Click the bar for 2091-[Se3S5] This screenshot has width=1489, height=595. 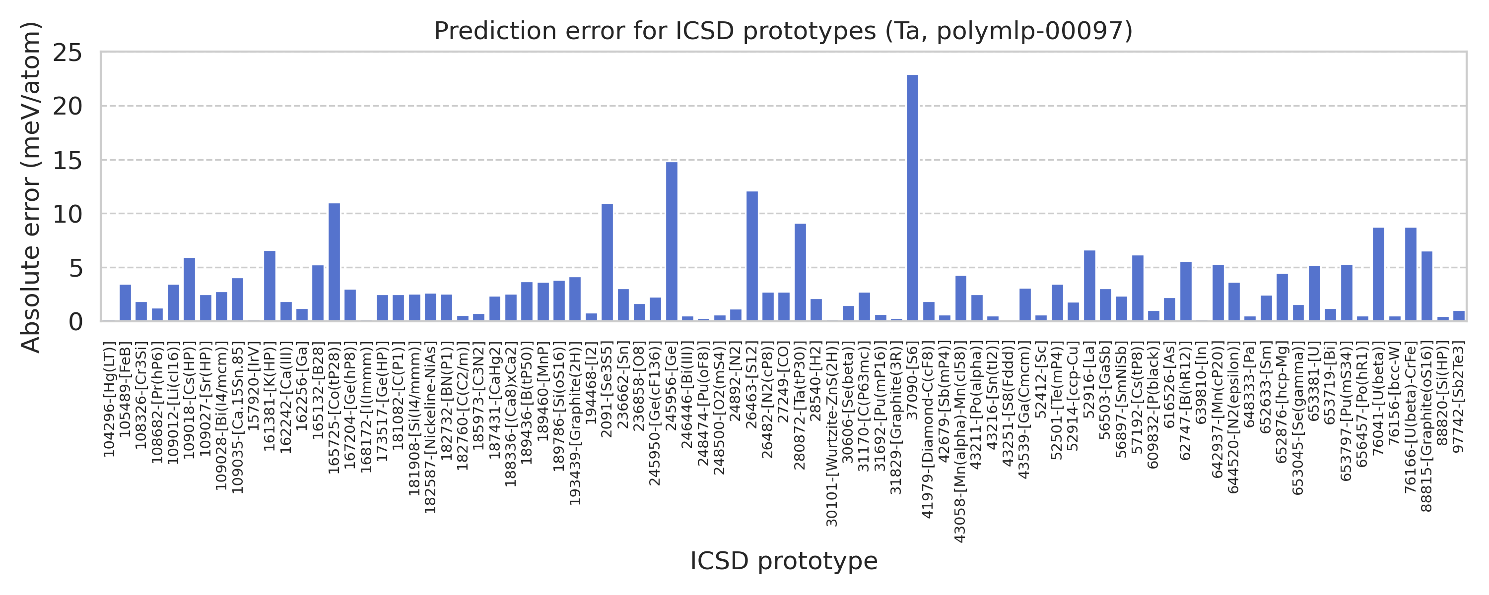pyautogui.click(x=607, y=262)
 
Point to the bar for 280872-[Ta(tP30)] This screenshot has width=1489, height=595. pyautogui.click(x=800, y=272)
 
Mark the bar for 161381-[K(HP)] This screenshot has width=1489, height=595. pyautogui.click(x=270, y=286)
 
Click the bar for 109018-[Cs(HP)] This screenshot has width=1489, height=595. pyautogui.click(x=190, y=290)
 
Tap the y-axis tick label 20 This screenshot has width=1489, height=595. pyautogui.click(x=68, y=106)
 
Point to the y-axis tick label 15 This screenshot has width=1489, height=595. pyautogui.click(x=68, y=161)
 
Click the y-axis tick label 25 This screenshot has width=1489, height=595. pyautogui.click(x=68, y=53)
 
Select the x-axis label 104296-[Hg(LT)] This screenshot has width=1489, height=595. pyautogui.click(x=109, y=399)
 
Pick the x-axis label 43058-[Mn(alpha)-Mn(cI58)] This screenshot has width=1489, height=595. pyautogui.click(x=960, y=442)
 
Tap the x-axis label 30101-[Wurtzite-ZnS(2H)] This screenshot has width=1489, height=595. pyautogui.click(x=832, y=434)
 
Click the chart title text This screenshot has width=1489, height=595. pyautogui.click(x=783, y=31)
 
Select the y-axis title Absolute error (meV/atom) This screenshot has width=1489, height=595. pyautogui.click(x=30, y=186)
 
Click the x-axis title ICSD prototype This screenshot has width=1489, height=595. pyautogui.click(x=784, y=561)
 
